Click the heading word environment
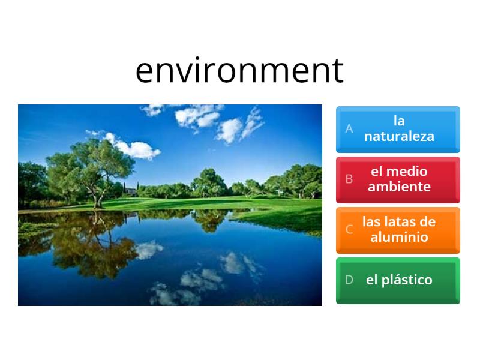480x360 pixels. coord(239,71)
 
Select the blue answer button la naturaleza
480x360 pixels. coord(398,129)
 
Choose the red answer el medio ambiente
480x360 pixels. coord(398,179)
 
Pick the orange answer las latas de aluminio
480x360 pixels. coord(398,229)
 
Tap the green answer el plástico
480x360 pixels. coord(398,280)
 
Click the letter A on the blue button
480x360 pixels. coord(349,129)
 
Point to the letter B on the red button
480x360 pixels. coord(349,179)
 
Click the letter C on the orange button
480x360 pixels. coord(349,229)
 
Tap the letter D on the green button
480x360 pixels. coord(349,280)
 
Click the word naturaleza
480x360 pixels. coord(399,136)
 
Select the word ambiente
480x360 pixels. coord(399,187)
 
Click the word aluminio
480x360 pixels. coord(399,237)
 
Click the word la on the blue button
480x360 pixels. coord(399,121)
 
